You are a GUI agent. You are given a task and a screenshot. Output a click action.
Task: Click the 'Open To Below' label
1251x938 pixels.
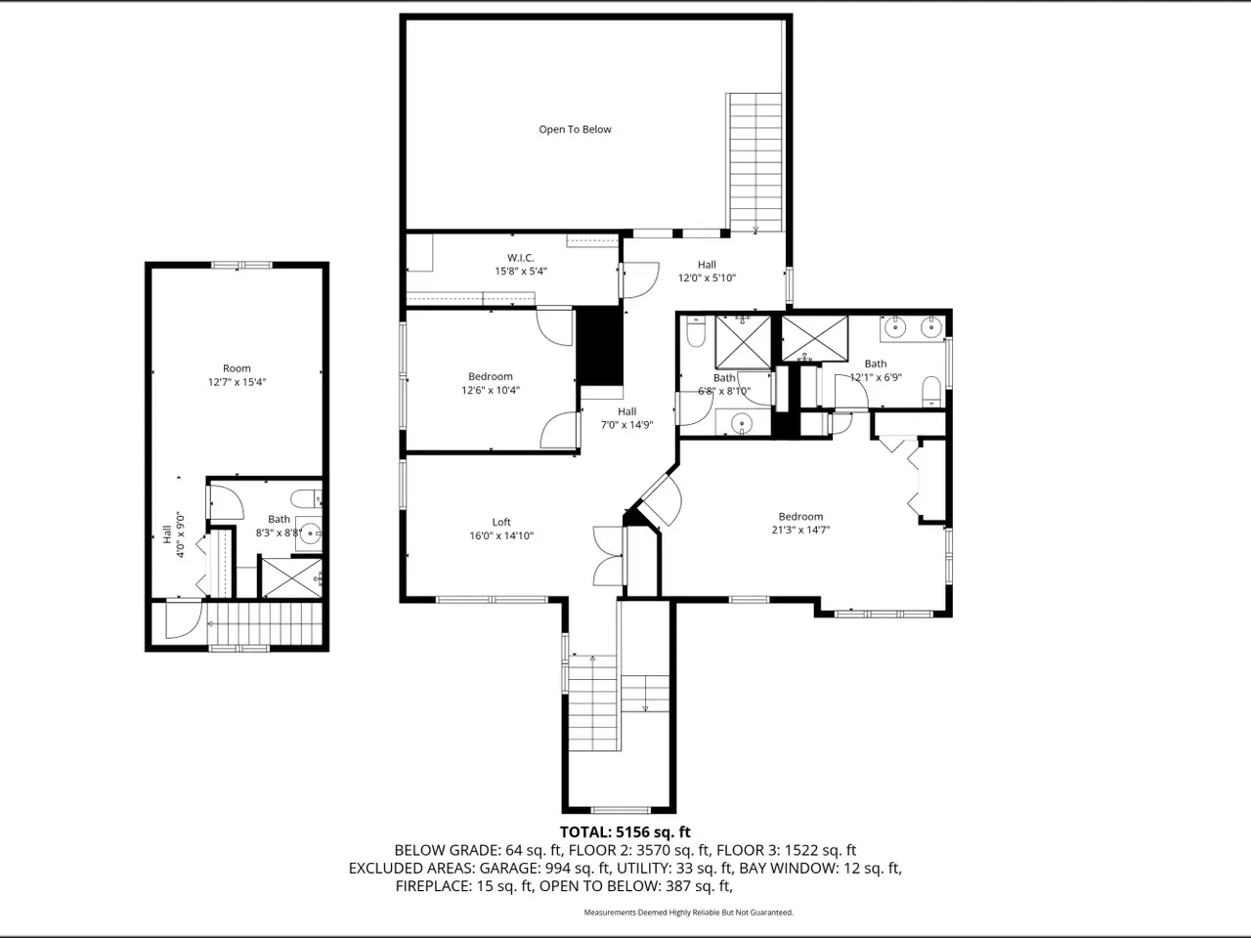575,129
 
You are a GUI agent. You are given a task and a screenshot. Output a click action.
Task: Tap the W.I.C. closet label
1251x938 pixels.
520,258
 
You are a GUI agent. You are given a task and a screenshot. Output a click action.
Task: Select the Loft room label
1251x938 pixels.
501,522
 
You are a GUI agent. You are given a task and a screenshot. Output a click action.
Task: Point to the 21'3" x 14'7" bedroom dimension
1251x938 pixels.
800,530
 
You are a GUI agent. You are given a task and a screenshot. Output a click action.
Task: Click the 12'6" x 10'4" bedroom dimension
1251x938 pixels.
491,390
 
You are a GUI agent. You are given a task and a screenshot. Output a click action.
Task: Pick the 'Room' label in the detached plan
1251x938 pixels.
237,368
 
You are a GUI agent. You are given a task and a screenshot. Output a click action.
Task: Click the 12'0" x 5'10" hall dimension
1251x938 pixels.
707,277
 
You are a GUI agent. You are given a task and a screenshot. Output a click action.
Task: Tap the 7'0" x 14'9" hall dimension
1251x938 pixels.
626,424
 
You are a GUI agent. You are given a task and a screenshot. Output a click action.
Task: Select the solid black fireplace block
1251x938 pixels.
599,346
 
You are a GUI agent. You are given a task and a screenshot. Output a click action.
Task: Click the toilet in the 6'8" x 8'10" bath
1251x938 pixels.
696,331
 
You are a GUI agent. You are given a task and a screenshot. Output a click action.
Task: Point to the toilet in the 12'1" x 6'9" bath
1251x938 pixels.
931,391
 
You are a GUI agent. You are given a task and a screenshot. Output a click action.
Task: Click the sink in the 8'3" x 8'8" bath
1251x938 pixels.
310,534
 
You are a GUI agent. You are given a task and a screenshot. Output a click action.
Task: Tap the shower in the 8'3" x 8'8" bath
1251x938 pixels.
291,578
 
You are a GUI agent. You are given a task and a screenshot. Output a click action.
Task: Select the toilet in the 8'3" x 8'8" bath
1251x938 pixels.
306,499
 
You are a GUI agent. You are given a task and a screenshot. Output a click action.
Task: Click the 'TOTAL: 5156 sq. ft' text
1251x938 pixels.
625,832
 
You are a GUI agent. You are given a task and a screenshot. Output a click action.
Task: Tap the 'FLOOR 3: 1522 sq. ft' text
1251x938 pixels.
786,850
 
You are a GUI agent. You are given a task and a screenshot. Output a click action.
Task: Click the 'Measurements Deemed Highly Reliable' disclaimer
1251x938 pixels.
688,913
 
